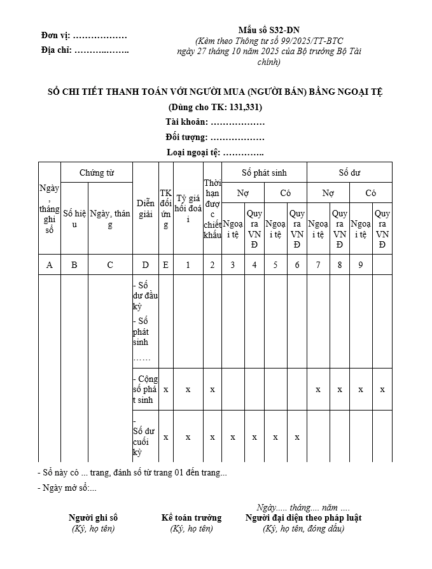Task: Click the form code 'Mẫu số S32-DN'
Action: (269, 30)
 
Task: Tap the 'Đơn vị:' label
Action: (55, 36)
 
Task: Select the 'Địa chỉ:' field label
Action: (57, 50)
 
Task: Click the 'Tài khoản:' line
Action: (215, 122)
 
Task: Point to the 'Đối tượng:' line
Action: (215, 137)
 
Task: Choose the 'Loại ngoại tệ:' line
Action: (215, 152)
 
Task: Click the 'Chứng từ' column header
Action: (97, 172)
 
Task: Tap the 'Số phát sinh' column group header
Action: (264, 172)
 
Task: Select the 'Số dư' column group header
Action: (349, 172)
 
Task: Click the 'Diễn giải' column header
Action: (146, 208)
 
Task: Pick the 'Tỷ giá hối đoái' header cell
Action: (188, 208)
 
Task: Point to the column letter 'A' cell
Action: (50, 265)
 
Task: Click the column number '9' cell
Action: (361, 265)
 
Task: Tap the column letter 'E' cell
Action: (165, 265)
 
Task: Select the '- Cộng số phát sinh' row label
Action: (146, 390)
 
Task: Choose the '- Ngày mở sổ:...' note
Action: (67, 488)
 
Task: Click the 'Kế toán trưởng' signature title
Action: (192, 517)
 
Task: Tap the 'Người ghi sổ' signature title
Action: (94, 517)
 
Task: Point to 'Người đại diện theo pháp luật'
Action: (303, 517)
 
